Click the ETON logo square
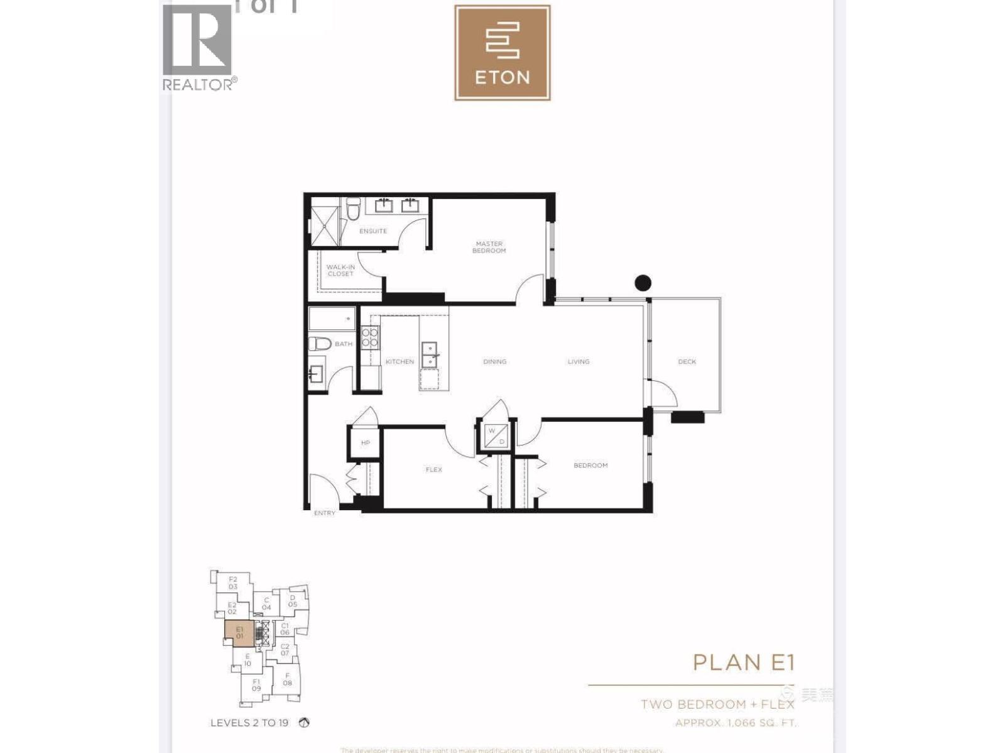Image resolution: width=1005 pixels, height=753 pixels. click(503, 53)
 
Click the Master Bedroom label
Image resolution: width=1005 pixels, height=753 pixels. click(489, 247)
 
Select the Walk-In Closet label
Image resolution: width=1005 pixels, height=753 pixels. click(340, 270)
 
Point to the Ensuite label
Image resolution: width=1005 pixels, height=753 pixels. click(373, 231)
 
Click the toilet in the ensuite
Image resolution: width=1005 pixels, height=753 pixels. click(354, 208)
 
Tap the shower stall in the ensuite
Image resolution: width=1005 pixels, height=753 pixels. click(325, 222)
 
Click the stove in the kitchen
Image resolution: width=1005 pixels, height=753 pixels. click(371, 337)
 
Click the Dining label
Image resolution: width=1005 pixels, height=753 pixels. click(494, 361)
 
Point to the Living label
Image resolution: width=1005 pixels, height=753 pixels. click(578, 361)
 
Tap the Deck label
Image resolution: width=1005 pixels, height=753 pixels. click(687, 361)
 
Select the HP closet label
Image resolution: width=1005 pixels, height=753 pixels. click(365, 442)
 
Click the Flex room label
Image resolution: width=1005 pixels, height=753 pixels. click(433, 469)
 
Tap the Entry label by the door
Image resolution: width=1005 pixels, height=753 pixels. click(324, 513)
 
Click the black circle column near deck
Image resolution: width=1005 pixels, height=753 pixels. click(643, 283)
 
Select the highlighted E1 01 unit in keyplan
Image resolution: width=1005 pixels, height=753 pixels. click(239, 633)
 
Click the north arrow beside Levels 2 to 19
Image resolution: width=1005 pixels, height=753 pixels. click(305, 723)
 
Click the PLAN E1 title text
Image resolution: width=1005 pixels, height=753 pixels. click(744, 662)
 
